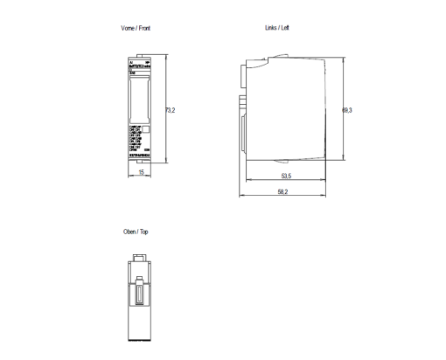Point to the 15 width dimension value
click(x=140, y=172)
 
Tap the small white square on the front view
click(x=145, y=129)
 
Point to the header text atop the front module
click(x=138, y=66)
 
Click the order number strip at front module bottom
click(x=137, y=153)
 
